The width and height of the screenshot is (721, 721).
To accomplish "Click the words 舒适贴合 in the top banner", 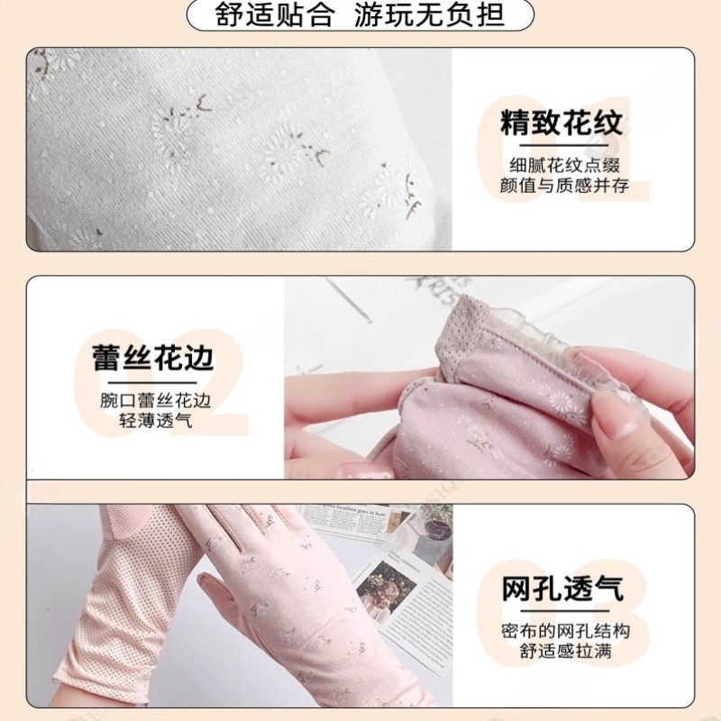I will [x=275, y=15].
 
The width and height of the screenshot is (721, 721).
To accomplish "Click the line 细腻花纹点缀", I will [x=563, y=165].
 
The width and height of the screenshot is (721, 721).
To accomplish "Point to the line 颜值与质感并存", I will [x=563, y=187].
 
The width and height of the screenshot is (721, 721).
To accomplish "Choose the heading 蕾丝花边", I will [x=153, y=358].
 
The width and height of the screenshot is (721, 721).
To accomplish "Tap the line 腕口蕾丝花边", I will [x=154, y=400].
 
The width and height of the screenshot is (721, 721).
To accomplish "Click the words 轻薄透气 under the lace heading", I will [x=154, y=421].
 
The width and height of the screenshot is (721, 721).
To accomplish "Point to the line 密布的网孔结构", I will [x=563, y=631].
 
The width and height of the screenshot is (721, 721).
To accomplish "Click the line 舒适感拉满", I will [x=563, y=652].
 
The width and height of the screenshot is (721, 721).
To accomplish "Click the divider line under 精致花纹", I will [x=563, y=144].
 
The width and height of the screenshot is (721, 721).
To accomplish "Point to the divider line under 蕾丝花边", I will [x=154, y=379].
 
